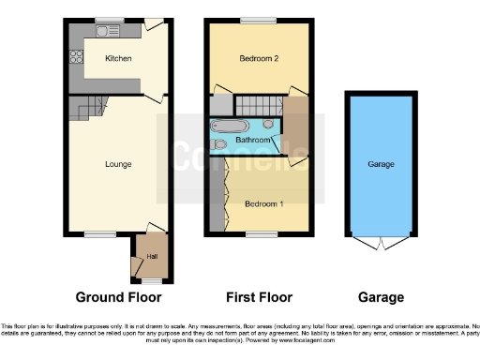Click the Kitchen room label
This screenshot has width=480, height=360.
point(117,59)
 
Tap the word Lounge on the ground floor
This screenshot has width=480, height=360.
point(117,164)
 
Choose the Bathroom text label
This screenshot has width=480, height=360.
point(253,141)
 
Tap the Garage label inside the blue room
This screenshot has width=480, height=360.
point(381,164)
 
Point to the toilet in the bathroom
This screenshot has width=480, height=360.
point(219,144)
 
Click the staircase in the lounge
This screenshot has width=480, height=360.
point(83,108)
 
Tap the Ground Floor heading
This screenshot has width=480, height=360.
point(118,297)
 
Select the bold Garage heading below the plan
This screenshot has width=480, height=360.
point(381,297)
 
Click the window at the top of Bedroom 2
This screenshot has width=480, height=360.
point(251,20)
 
